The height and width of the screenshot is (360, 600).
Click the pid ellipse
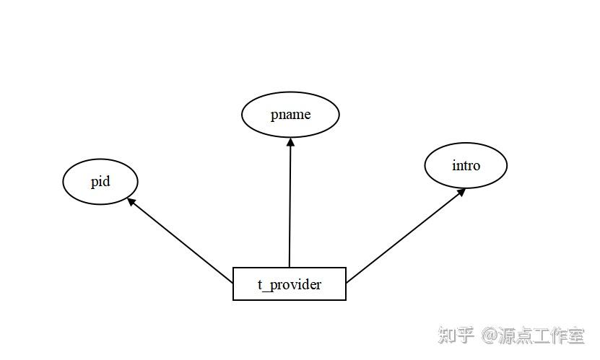[100, 181]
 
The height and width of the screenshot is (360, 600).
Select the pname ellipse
[290, 115]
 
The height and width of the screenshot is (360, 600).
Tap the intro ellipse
[466, 165]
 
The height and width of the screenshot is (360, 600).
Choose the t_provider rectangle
[290, 284]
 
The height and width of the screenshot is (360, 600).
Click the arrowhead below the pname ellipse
[290, 141]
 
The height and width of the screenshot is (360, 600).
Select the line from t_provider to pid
[181, 241]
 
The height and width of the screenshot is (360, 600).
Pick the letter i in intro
[454, 165]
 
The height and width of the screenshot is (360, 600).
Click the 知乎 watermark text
[456, 335]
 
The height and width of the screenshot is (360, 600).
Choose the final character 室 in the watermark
[575, 335]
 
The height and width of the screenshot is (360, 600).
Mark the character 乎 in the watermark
[466, 335]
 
